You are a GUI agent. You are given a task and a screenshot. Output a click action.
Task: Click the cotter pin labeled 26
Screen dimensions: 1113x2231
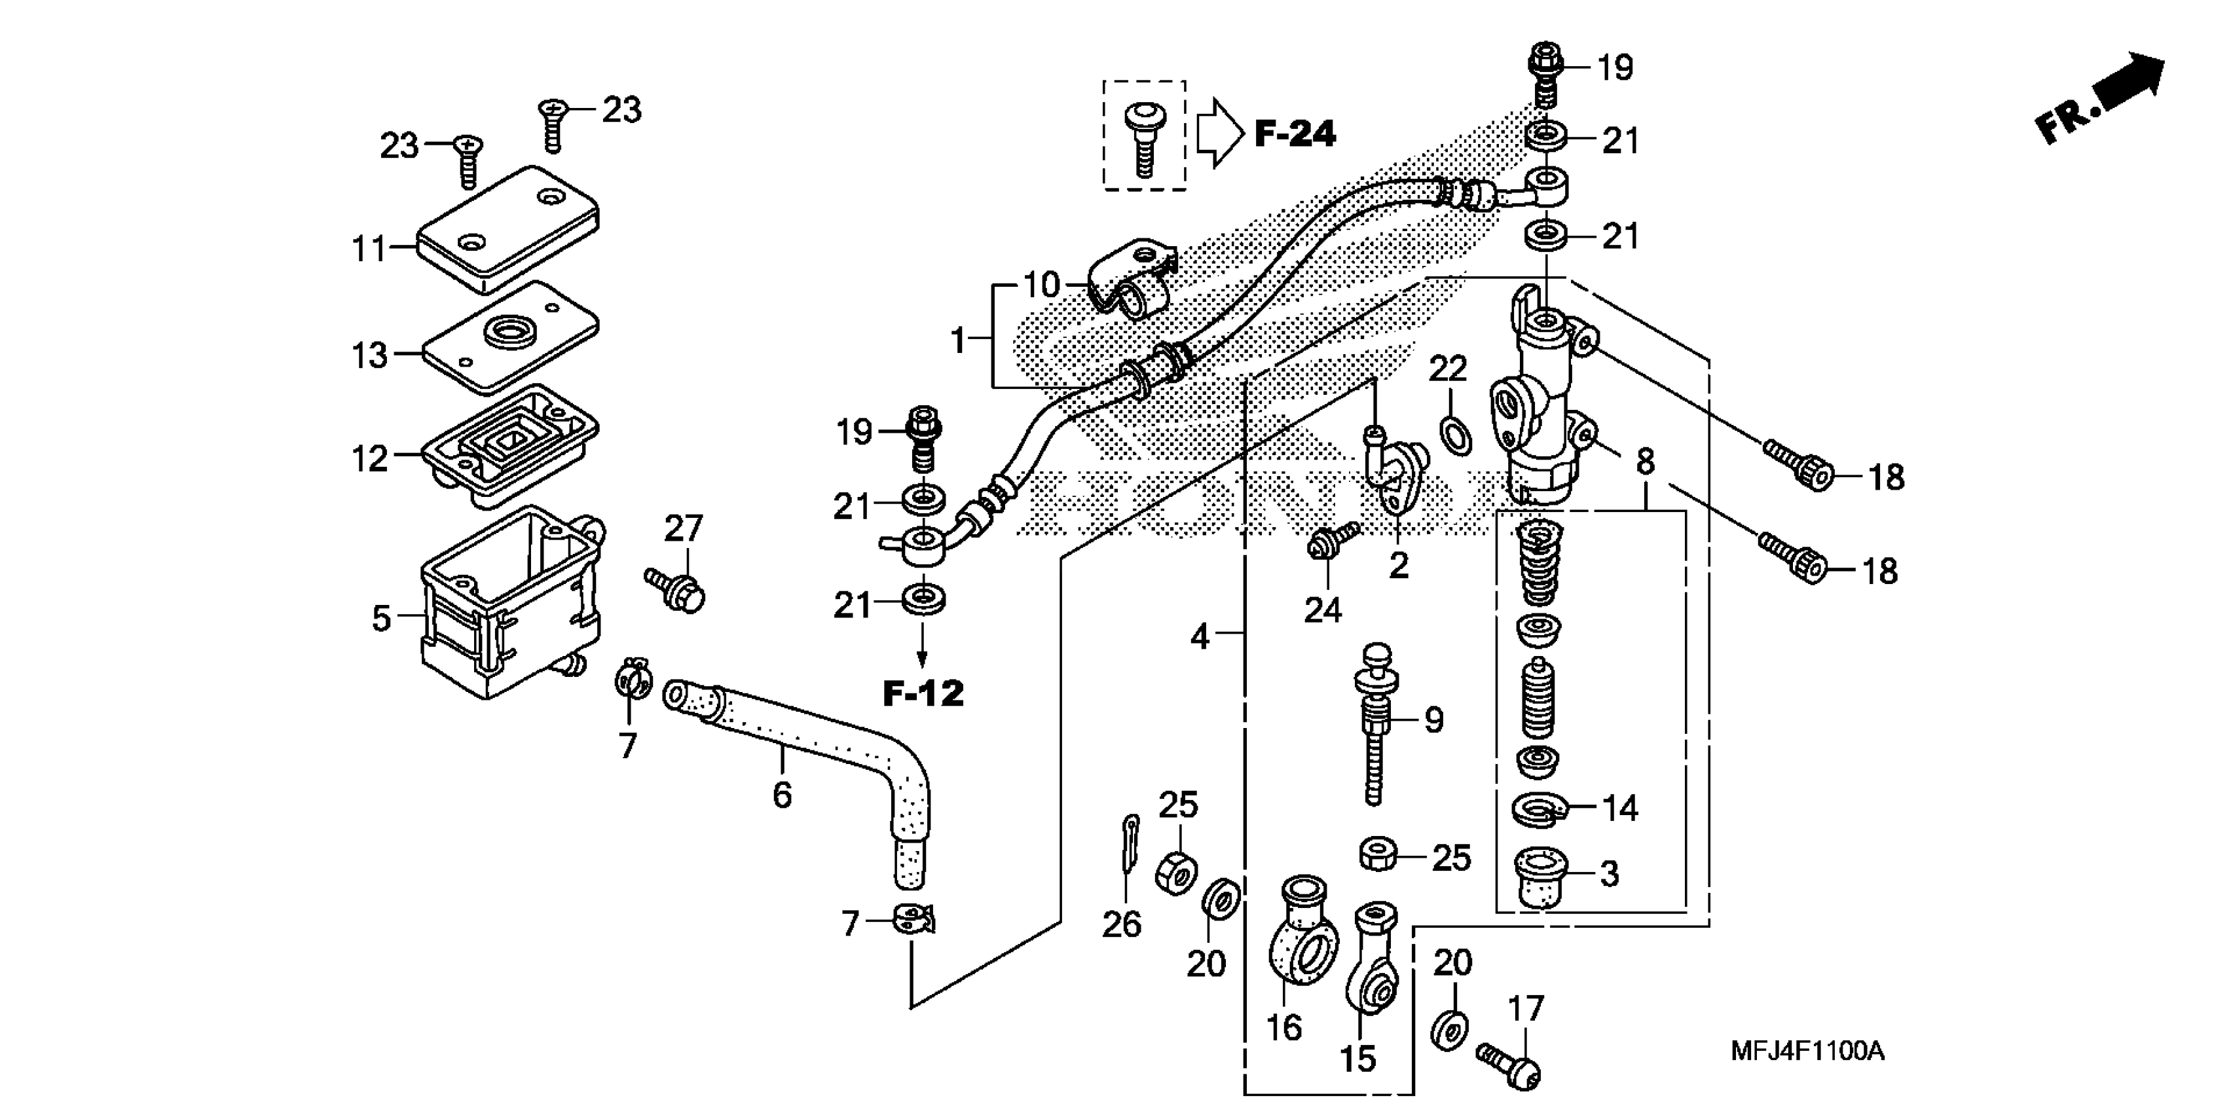1126,853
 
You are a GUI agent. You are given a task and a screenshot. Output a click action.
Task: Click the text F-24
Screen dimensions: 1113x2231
1295,134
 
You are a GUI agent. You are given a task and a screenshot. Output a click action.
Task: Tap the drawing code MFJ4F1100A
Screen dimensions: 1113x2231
1807,1051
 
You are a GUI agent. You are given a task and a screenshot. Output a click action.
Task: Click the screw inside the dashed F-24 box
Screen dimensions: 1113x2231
1144,139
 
